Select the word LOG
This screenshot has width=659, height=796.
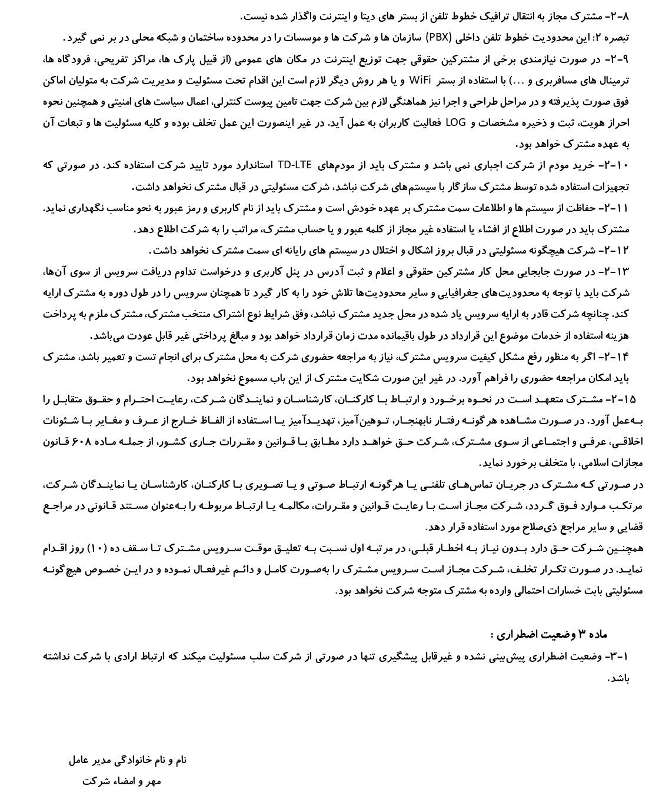(x=455, y=122)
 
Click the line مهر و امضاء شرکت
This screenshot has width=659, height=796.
(x=121, y=781)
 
